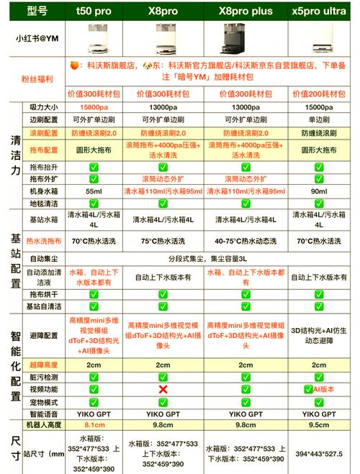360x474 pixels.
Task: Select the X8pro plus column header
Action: (x=248, y=12)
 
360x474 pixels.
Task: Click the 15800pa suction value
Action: (x=94, y=106)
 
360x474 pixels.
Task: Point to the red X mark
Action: (x=163, y=388)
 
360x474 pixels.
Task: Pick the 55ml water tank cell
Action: (x=94, y=191)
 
